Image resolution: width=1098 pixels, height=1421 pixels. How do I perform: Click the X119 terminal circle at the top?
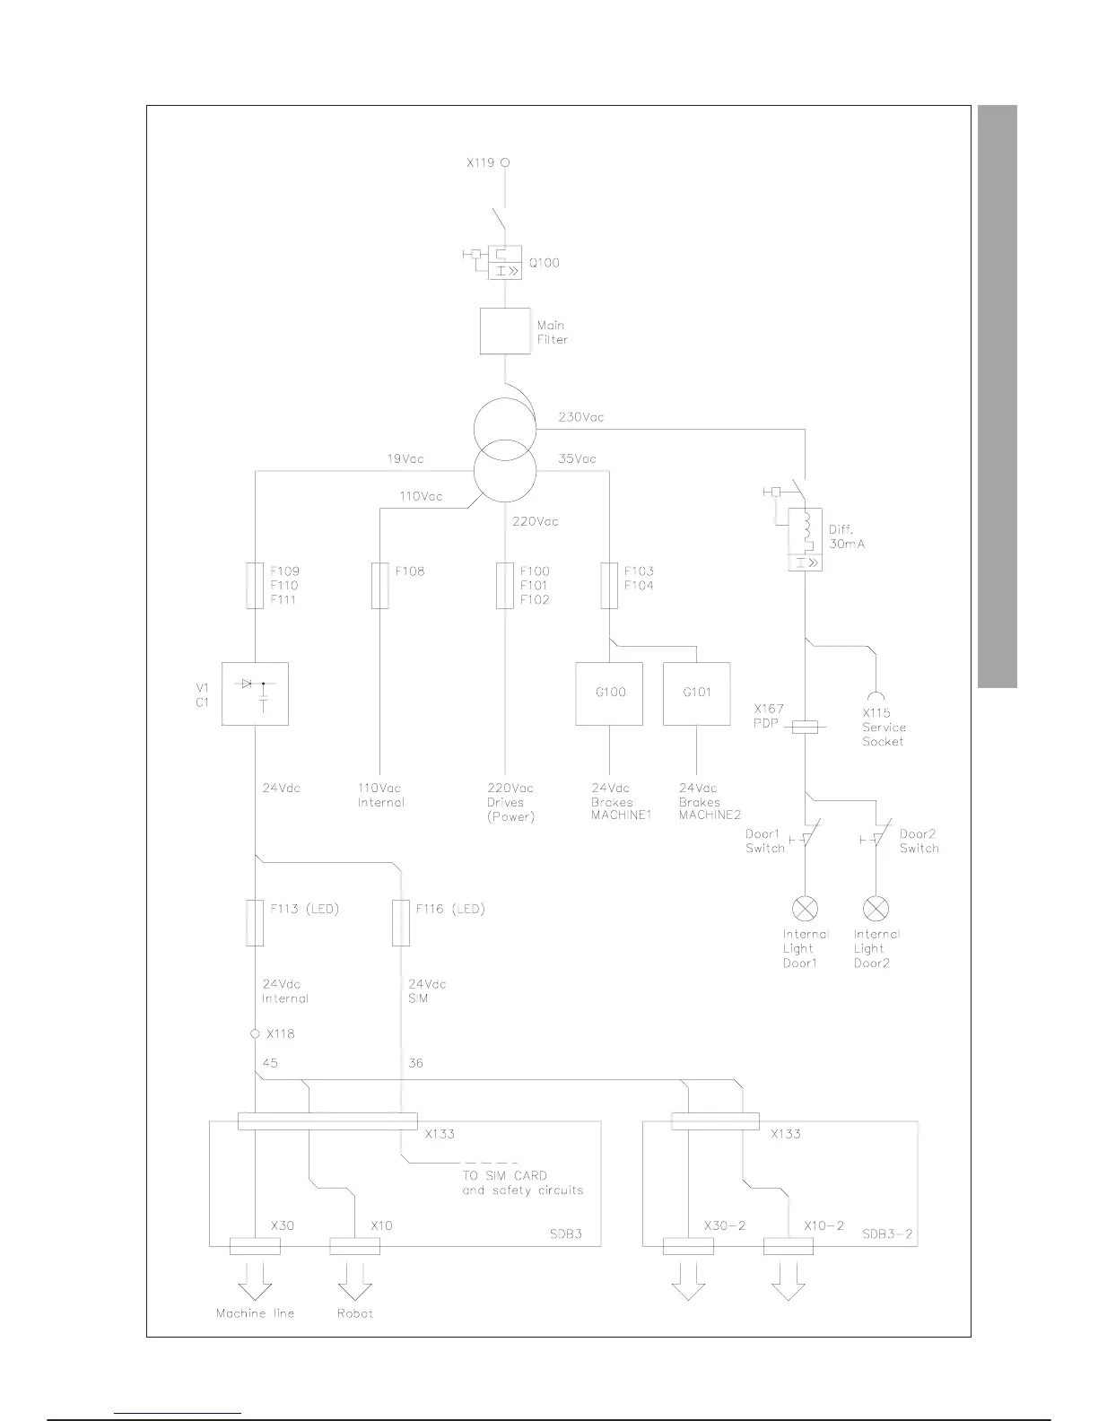(x=505, y=163)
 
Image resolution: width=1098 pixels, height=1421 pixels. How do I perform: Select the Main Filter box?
(x=505, y=331)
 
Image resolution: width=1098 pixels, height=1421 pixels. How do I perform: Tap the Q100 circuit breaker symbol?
(x=504, y=262)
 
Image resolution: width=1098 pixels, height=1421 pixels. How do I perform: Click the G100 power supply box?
(x=610, y=693)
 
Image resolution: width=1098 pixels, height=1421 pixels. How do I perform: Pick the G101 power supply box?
(x=697, y=693)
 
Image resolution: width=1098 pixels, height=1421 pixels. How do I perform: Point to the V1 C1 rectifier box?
(x=255, y=693)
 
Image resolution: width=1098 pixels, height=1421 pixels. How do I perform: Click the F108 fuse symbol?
(x=380, y=585)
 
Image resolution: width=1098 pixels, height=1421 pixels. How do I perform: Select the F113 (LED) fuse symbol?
(x=255, y=923)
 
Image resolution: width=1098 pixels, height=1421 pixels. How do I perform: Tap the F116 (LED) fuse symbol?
(x=401, y=923)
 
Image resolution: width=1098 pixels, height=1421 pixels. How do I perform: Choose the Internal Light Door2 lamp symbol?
(x=876, y=908)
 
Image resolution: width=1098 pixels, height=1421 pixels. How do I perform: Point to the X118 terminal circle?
(x=255, y=1034)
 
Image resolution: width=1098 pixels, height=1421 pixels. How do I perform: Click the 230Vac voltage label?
(x=581, y=417)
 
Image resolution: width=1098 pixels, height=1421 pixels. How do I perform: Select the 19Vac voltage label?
(x=405, y=459)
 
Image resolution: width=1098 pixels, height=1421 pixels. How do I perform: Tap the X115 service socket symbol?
(x=876, y=694)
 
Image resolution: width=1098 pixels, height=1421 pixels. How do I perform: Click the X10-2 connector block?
(x=789, y=1246)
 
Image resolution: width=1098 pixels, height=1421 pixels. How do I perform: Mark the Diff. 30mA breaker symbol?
(x=805, y=539)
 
